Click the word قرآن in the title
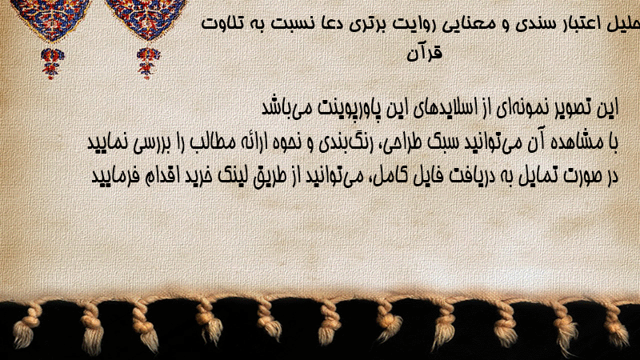[x=425, y=53]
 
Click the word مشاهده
[x=582, y=142]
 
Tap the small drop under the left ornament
[x=52, y=62]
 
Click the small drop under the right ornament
[x=148, y=62]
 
